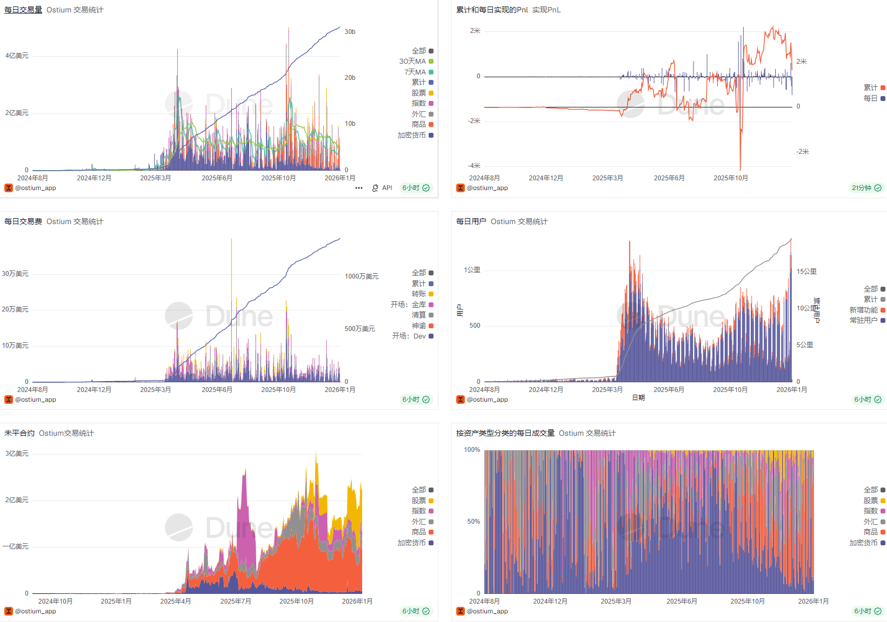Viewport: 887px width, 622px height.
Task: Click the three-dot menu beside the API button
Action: pyautogui.click(x=359, y=188)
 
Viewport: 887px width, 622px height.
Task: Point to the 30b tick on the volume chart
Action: pyautogui.click(x=350, y=32)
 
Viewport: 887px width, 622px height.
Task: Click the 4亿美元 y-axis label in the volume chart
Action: pyautogui.click(x=17, y=56)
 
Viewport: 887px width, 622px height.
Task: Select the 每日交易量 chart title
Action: pyautogui.click(x=23, y=10)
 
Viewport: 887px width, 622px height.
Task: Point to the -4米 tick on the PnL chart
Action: pyautogui.click(x=474, y=166)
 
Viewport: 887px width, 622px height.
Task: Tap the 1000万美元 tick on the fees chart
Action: pyautogui.click(x=362, y=276)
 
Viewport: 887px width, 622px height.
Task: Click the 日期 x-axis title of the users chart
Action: pyautogui.click(x=638, y=397)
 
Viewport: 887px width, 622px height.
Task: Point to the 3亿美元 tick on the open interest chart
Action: pyautogui.click(x=17, y=454)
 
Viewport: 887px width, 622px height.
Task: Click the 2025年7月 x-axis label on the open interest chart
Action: pyautogui.click(x=236, y=601)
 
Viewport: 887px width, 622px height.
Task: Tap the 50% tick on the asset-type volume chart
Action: pyautogui.click(x=473, y=522)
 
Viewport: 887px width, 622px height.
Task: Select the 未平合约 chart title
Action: pyautogui.click(x=19, y=433)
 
